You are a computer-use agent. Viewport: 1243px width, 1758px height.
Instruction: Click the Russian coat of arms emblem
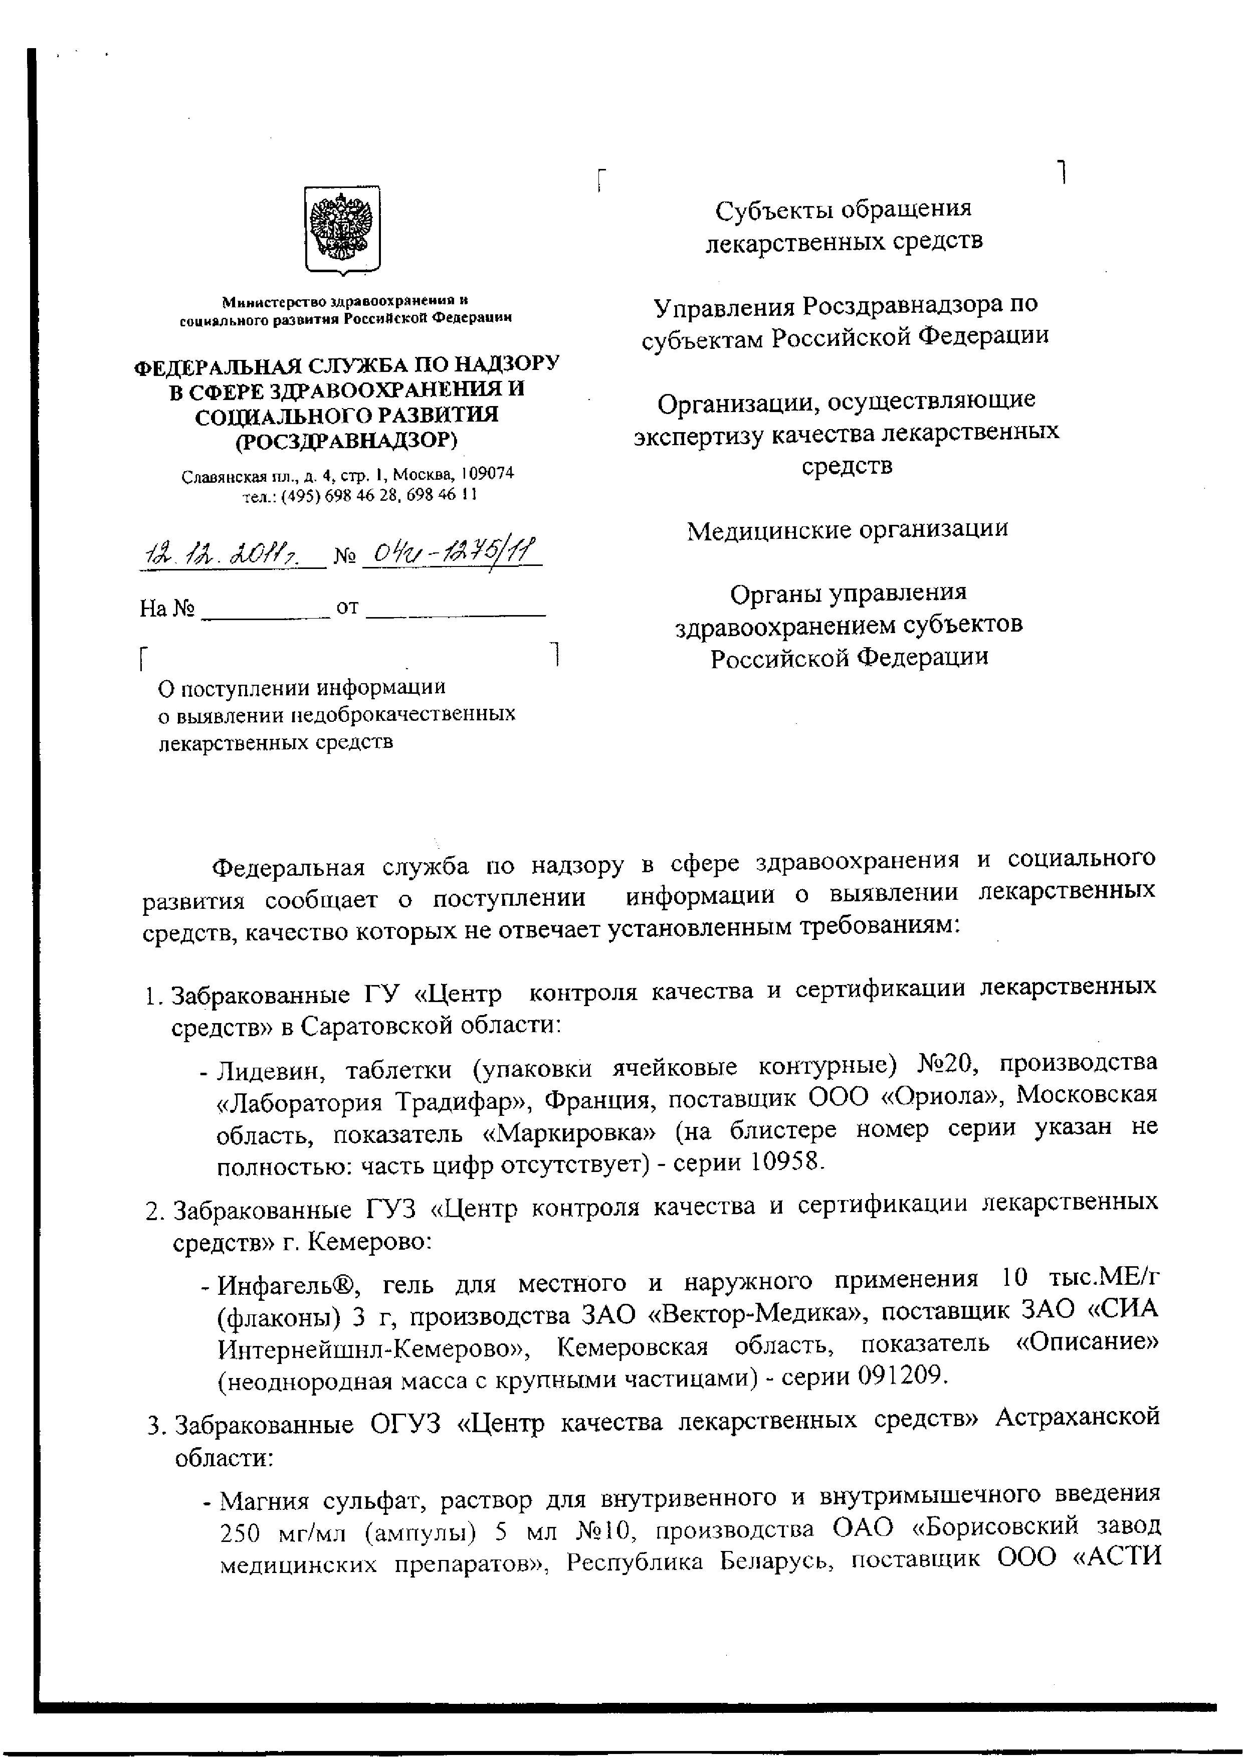click(342, 229)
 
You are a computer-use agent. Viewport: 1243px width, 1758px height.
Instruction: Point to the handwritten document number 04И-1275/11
click(450, 551)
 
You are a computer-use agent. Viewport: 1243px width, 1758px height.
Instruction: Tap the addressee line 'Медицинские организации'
click(847, 529)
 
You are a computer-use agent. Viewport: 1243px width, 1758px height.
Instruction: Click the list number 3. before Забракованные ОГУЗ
click(155, 1427)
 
